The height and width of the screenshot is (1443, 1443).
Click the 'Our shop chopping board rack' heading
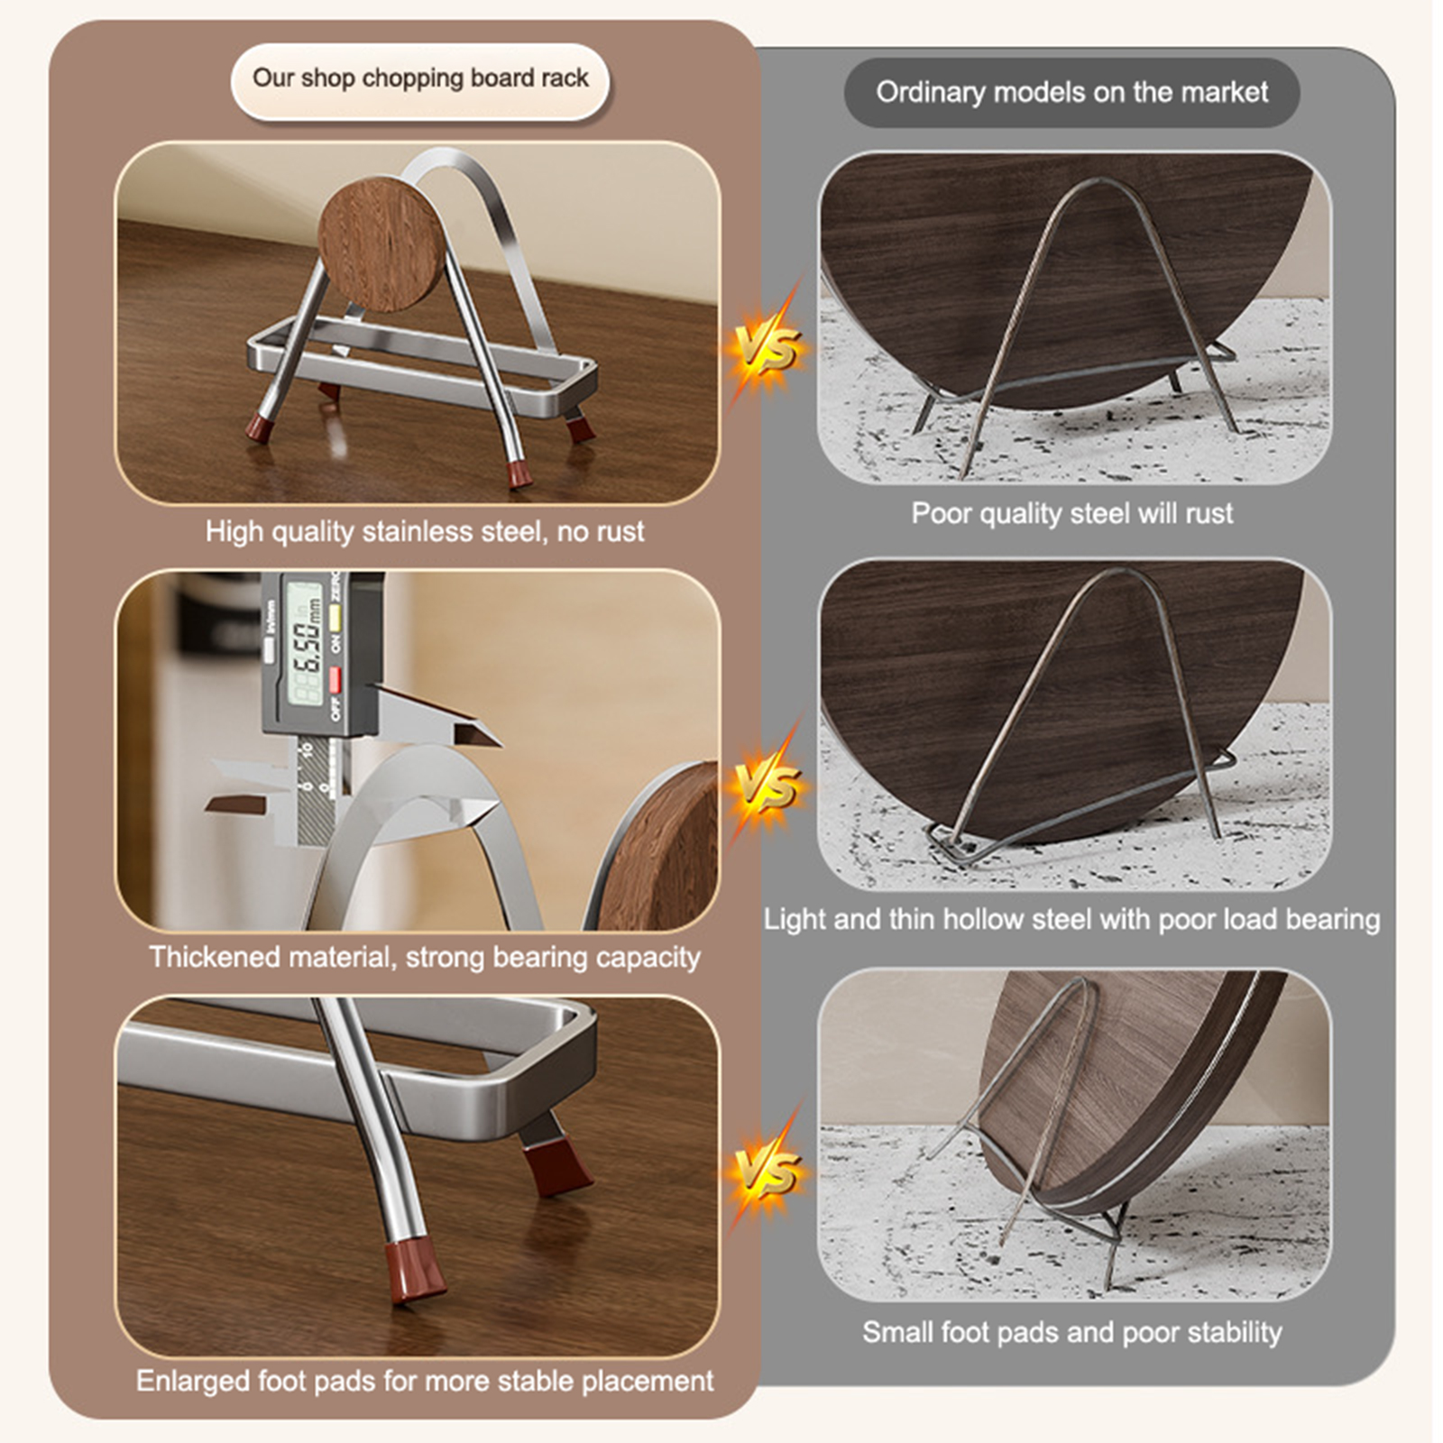420,78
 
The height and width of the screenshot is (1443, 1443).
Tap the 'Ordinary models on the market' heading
1071,92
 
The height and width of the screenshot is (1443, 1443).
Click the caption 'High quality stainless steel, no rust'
425,531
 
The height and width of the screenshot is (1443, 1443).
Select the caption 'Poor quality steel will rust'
1071,513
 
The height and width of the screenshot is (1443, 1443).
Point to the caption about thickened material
425,957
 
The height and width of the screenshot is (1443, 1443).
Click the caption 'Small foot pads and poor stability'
1071,1332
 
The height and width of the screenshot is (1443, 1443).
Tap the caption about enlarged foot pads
425,1381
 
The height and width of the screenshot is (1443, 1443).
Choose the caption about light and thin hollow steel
1071,919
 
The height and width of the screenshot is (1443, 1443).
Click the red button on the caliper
335,679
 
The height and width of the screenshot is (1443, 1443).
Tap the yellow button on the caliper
335,617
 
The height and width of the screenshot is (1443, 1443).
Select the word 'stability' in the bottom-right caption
1236,1332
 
